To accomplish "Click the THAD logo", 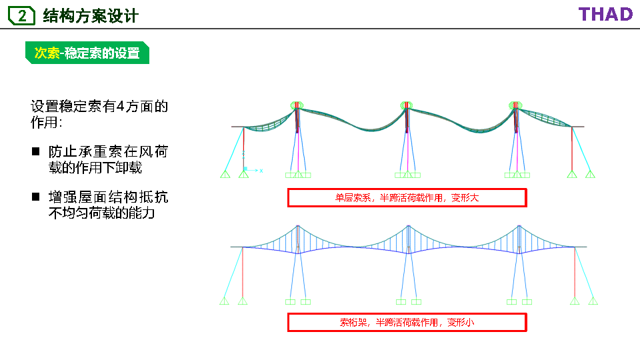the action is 605,15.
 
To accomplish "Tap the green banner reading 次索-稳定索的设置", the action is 87,53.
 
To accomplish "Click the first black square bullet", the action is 36,152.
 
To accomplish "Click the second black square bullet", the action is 36,197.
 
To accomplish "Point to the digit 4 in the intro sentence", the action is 120,107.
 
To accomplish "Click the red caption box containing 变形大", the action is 407,197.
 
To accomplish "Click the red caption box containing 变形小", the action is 407,322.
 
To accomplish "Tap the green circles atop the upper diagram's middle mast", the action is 406,105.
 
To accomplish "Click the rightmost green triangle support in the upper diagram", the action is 590,175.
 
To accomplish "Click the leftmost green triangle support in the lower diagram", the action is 225,301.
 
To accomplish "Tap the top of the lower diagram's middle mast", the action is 408,227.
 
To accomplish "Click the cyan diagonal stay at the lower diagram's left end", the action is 233,273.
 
